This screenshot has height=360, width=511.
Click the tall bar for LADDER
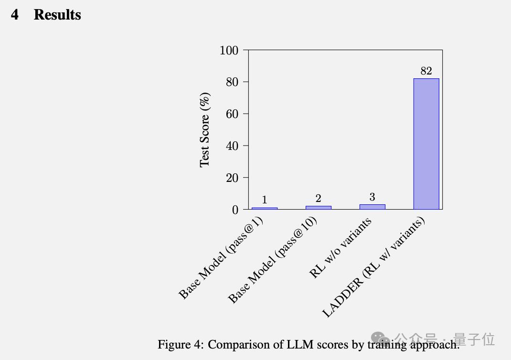point(426,143)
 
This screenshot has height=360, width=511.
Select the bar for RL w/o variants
point(372,207)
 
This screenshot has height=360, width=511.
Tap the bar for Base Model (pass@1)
point(264,208)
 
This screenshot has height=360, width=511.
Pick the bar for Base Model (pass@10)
point(318,207)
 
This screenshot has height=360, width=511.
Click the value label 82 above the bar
point(426,71)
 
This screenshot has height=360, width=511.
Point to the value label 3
point(372,197)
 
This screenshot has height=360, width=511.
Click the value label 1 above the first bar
point(264,200)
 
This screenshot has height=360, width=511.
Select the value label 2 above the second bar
point(318,199)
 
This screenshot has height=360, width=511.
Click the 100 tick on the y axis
point(229,50)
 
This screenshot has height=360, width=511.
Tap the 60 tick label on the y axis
point(232,114)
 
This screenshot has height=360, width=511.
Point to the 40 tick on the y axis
point(232,146)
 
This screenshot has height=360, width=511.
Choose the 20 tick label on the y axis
point(232,178)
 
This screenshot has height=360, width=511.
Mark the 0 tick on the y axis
point(235,210)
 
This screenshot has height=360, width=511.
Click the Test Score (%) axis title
point(205,130)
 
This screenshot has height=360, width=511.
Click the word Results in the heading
point(57,15)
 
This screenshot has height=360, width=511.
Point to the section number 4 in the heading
point(15,15)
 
